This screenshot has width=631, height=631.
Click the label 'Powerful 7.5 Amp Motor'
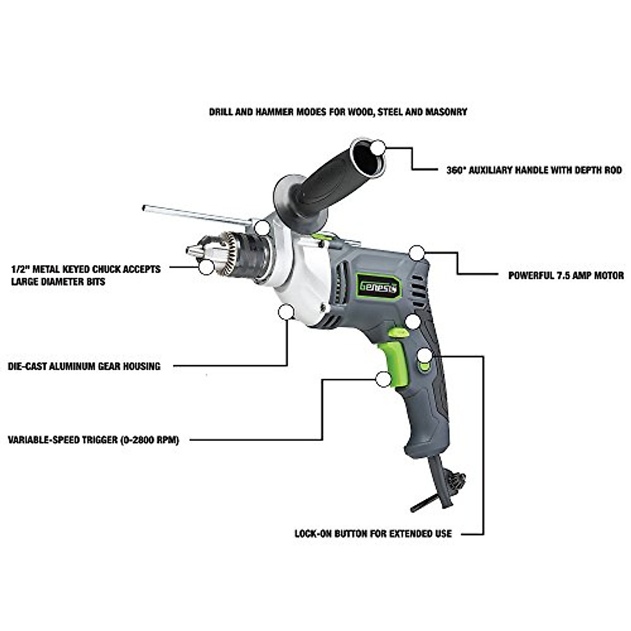pos(566,276)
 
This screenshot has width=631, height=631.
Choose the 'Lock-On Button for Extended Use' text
pos(373,534)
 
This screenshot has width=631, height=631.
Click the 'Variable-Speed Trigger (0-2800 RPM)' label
pos(94,440)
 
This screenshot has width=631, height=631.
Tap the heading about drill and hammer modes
pos(338,112)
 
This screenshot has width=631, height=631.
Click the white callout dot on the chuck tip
pos(206,267)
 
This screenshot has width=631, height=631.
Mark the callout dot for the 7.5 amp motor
pos(417,253)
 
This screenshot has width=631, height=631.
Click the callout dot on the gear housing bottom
pos(286,312)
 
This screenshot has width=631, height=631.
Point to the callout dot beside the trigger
pos(383,379)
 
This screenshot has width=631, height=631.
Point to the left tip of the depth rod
pos(144,208)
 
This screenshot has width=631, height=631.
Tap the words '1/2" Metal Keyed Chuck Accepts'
pos(86,269)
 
